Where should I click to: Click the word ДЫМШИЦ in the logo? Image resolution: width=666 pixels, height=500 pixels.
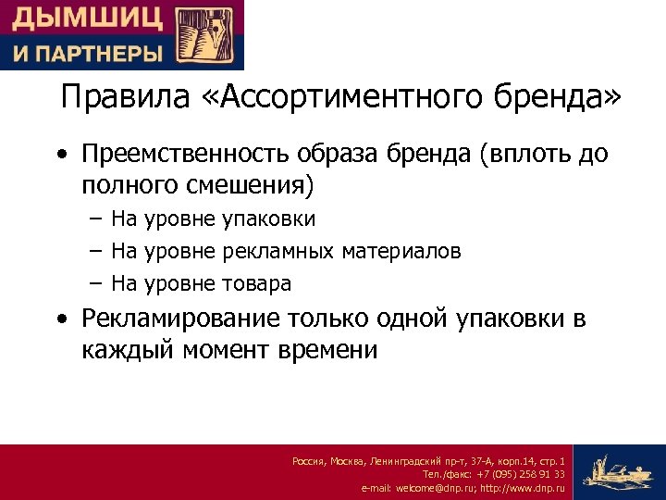(x=87, y=18)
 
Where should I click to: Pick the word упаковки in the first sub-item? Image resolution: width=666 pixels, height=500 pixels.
(x=268, y=219)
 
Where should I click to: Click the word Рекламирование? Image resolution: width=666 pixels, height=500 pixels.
(x=179, y=319)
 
